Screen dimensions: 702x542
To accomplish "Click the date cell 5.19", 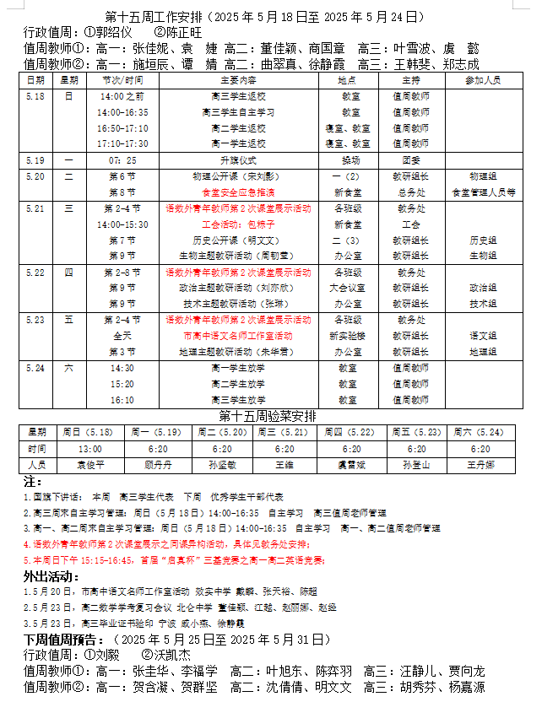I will click(x=35, y=159).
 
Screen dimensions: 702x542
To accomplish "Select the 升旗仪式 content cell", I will click(x=238, y=159).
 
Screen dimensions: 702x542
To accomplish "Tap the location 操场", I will click(x=350, y=159).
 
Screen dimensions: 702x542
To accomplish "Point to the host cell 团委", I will click(x=410, y=159).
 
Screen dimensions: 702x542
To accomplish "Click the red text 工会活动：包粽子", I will click(x=238, y=224).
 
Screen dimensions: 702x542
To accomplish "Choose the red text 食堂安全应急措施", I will click(x=238, y=192).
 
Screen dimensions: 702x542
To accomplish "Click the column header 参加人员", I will click(x=483, y=80).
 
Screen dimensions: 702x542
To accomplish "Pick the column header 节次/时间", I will click(x=122, y=80).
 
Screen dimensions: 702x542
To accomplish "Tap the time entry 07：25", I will click(x=122, y=159).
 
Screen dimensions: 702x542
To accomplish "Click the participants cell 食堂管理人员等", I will click(x=484, y=192).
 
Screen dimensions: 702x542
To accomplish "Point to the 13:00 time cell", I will click(x=89, y=449).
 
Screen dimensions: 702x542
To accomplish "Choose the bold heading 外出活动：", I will click(x=47, y=576).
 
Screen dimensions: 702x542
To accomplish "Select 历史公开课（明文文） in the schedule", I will click(x=238, y=240).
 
